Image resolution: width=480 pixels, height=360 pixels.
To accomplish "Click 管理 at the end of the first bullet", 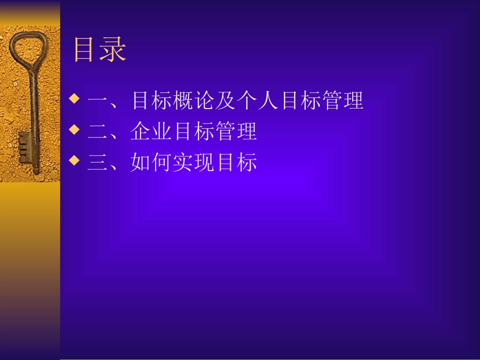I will pos(343,100).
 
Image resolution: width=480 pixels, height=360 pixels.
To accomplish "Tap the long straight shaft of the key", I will pos(34,111).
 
